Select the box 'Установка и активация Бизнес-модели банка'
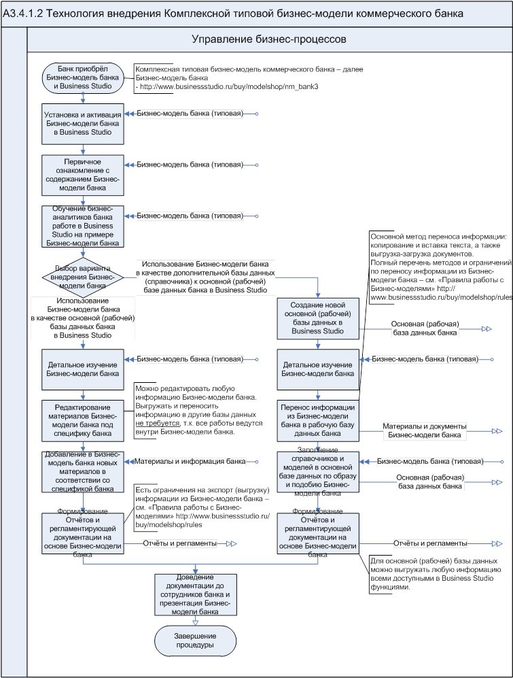[83, 124]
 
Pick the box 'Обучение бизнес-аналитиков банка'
[83, 226]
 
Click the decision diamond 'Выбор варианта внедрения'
[83, 276]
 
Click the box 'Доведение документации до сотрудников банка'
[196, 594]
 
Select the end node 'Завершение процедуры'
[196, 640]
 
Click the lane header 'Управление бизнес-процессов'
[269, 40]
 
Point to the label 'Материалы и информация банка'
[190, 461]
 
